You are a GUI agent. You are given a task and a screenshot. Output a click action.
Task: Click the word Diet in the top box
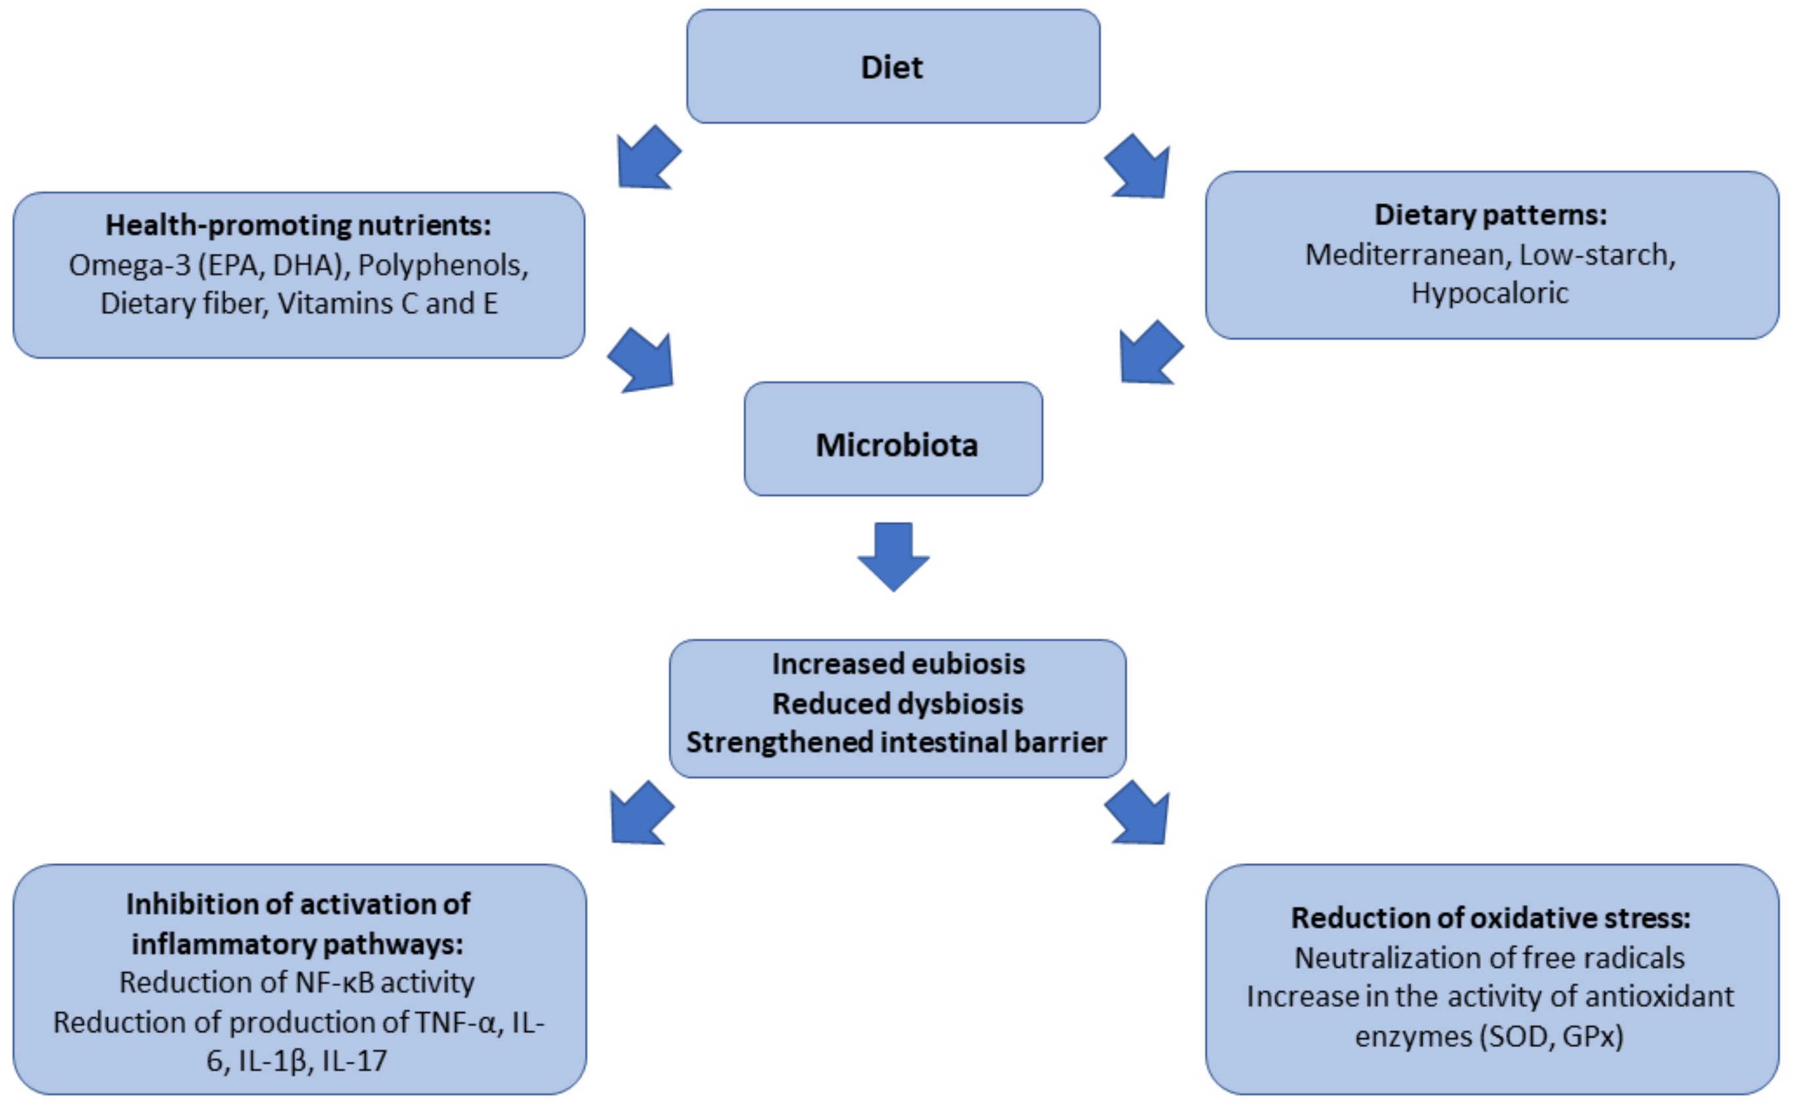[891, 67]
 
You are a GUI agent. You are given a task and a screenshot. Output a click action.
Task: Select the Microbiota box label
[897, 445]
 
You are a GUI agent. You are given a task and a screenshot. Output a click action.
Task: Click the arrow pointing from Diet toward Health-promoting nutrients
[646, 159]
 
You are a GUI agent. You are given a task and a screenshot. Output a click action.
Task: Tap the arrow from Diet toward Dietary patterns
[1139, 168]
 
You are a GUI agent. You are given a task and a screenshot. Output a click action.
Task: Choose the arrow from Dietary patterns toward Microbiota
[1149, 354]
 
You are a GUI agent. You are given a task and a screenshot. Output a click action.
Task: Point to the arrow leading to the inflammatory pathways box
[640, 814]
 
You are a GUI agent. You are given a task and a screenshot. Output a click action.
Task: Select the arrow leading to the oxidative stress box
[1139, 814]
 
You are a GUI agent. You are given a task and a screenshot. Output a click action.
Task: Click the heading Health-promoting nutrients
[298, 225]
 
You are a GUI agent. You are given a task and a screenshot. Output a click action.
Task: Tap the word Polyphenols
[442, 265]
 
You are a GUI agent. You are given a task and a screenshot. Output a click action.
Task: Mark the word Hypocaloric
[1489, 294]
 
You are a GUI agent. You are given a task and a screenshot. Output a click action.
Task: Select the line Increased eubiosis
[898, 664]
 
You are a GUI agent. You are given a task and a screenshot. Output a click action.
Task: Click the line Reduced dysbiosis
[897, 704]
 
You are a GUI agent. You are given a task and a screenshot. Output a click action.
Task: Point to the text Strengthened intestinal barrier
[897, 743]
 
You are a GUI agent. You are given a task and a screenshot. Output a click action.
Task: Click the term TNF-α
[455, 1022]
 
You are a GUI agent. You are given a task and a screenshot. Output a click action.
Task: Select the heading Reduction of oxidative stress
[1490, 918]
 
